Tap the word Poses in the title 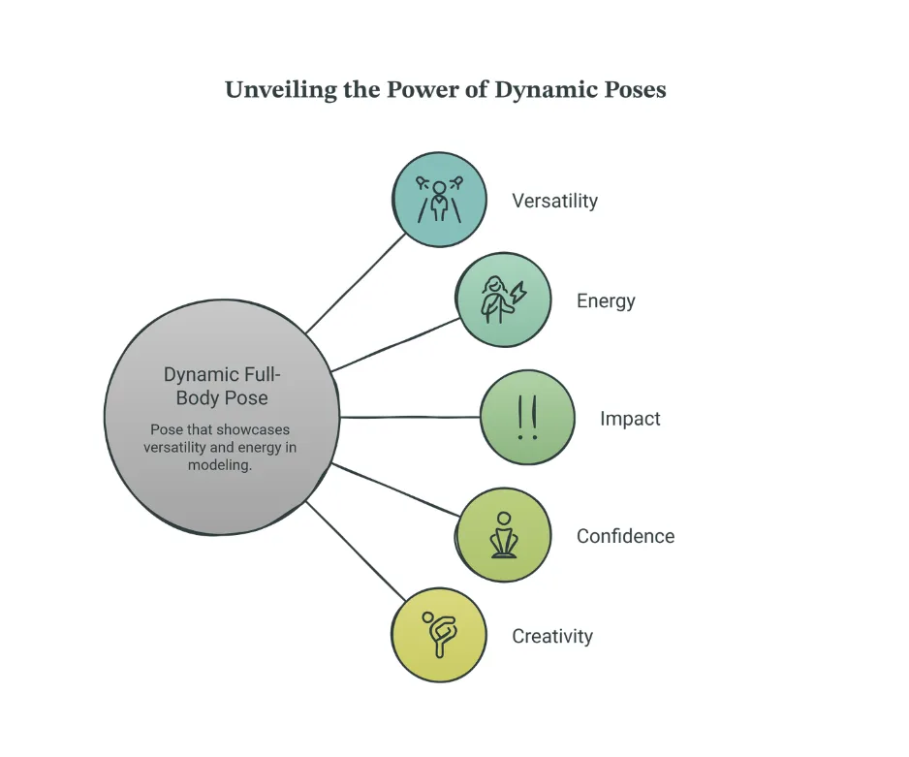point(635,90)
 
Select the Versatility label point(554,201)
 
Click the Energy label point(606,301)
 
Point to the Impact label point(630,419)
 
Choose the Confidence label point(625,536)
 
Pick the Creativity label point(552,637)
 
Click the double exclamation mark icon point(527,418)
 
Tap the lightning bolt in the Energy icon point(518,293)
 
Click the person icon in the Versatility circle point(439,200)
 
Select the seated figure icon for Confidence point(504,535)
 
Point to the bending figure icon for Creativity point(439,634)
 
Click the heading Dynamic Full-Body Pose point(222,386)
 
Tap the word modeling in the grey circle point(220,465)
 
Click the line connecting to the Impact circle point(410,417)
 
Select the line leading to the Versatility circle point(356,283)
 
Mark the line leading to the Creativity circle point(356,551)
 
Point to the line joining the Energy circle point(395,344)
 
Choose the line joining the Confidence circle point(395,489)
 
